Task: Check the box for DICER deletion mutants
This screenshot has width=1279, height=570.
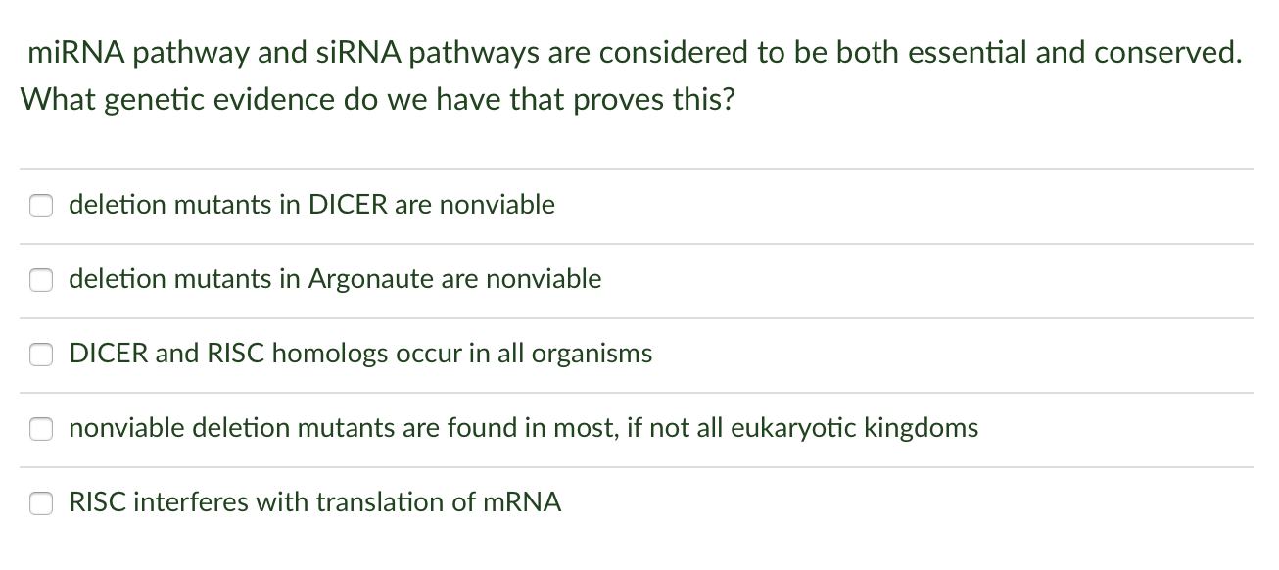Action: click(x=40, y=206)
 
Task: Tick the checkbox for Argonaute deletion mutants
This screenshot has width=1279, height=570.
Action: click(x=40, y=280)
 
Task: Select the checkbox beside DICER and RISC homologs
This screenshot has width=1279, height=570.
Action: click(x=40, y=355)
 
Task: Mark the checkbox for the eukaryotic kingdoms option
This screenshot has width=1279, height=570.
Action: click(x=40, y=429)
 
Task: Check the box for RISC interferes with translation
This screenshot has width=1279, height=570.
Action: click(x=40, y=503)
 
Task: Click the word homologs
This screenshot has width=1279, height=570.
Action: click(x=330, y=354)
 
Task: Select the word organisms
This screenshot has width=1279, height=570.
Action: click(x=592, y=354)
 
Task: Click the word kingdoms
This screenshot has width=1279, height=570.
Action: click(x=922, y=428)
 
